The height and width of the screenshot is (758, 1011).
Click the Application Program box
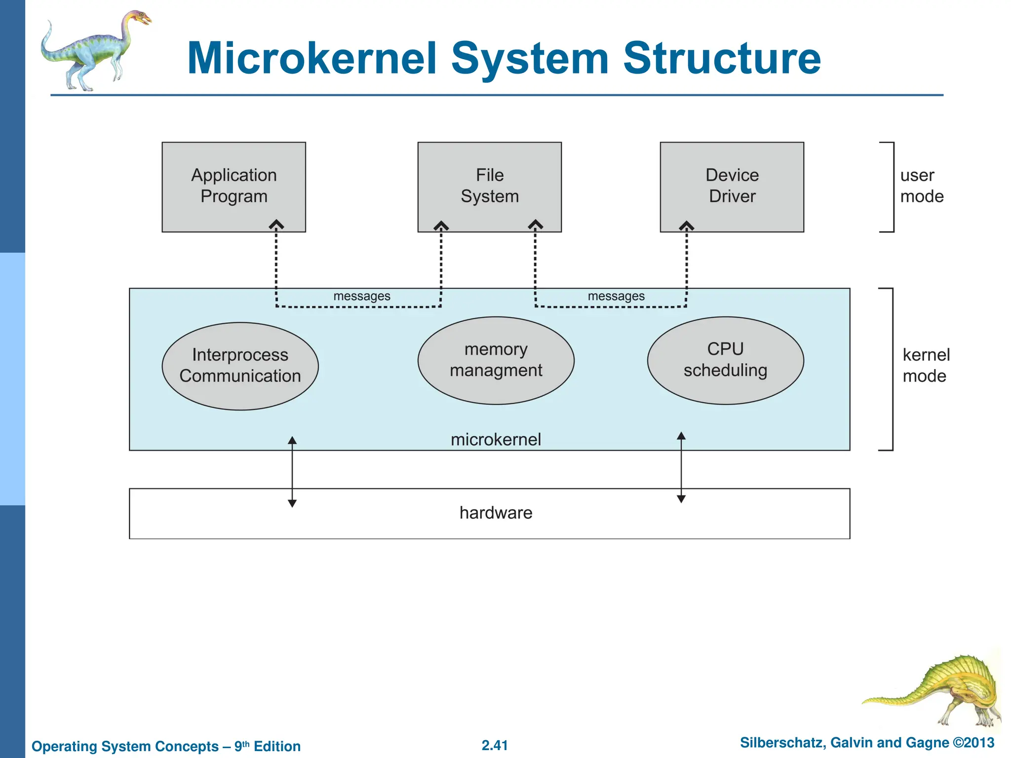coord(233,186)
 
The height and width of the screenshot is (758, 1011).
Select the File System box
coord(489,186)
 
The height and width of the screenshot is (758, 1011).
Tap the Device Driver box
coord(732,186)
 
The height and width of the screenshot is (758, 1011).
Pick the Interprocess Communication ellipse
coord(240,366)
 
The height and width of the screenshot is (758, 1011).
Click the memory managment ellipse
coord(496,360)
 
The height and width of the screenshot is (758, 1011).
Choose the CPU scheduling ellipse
coord(725,360)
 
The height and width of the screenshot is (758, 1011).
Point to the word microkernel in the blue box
coord(496,439)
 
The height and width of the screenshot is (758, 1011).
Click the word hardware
coord(496,513)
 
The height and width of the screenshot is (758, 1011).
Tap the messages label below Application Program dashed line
coord(361,296)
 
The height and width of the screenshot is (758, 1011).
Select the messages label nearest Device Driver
coord(616,296)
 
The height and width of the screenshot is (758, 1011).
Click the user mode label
coord(921,186)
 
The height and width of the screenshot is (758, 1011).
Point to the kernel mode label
coord(925,366)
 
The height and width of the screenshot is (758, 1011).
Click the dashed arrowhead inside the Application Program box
coord(276,225)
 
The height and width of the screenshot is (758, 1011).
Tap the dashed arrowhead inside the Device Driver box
coord(686,226)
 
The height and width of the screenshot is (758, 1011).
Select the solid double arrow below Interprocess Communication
coord(292,472)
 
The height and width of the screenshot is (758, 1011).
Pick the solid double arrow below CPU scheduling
coord(681,467)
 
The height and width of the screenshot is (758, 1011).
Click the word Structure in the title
coord(722,58)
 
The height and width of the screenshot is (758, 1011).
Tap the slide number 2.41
coord(495,745)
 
